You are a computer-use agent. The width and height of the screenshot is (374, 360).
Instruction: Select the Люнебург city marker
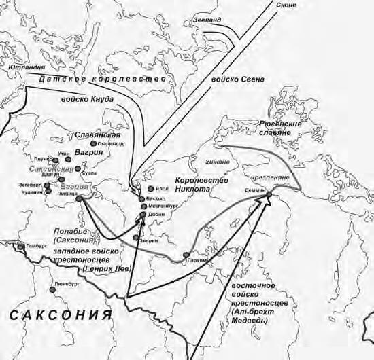52,289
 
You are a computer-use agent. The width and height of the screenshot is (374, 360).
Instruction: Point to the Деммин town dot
268,195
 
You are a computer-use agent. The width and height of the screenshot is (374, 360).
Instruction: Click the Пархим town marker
185,255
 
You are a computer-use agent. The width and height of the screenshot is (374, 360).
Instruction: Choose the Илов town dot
150,188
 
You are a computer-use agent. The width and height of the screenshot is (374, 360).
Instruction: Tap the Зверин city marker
144,237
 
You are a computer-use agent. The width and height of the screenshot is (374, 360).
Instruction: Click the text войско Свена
238,79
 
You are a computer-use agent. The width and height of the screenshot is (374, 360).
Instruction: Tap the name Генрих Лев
103,269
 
